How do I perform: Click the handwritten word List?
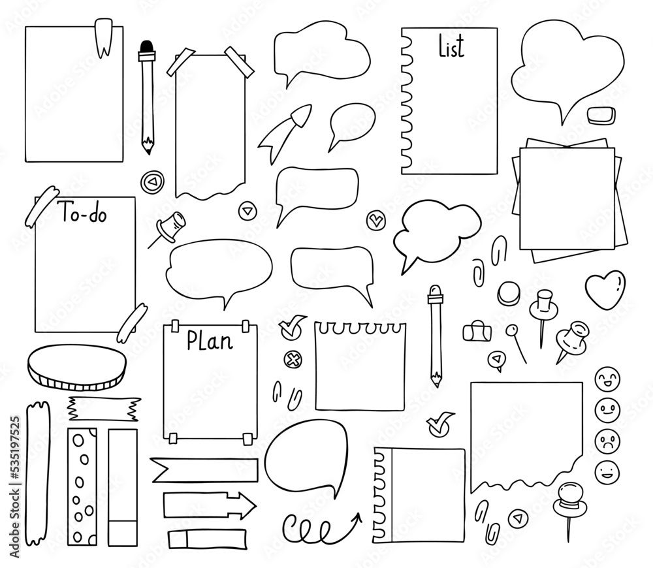click(x=451, y=47)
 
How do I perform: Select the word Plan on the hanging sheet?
click(x=210, y=340)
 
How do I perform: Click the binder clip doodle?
click(x=475, y=332)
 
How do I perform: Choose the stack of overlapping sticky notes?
click(x=567, y=199)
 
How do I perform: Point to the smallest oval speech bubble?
click(x=352, y=123)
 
